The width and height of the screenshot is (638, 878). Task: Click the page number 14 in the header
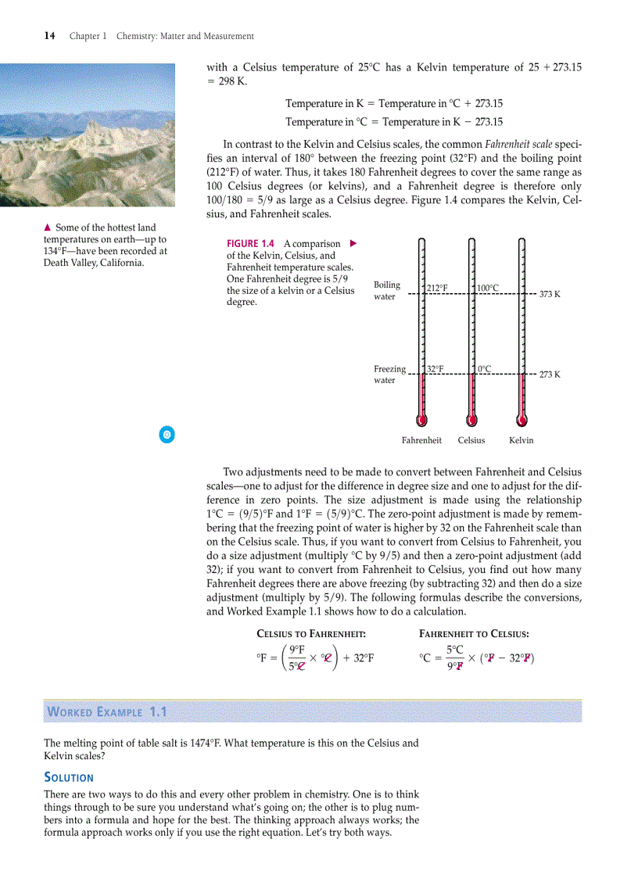49,36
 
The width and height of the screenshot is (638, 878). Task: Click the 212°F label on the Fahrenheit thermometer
437,288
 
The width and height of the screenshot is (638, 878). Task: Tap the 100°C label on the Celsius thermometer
488,288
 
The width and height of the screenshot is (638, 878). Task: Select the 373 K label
550,294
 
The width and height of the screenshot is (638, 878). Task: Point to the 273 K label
550,374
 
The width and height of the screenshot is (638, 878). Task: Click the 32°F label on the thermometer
435,368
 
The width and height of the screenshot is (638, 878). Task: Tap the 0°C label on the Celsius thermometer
485,368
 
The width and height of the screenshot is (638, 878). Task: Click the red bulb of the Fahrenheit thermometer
422,419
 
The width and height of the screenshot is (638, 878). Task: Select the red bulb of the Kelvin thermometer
522,419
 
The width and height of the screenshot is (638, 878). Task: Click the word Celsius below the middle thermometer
471,440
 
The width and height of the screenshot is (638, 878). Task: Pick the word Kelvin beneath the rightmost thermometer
522,440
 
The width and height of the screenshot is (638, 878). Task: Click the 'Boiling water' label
387,291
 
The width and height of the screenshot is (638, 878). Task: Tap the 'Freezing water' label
389,374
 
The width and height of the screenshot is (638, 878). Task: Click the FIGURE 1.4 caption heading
253,244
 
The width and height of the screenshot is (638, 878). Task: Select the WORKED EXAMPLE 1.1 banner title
107,712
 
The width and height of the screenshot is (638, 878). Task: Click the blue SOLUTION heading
69,777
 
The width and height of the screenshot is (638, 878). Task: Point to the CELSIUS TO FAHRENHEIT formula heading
311,634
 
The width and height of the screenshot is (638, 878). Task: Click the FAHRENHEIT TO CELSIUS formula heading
474,634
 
